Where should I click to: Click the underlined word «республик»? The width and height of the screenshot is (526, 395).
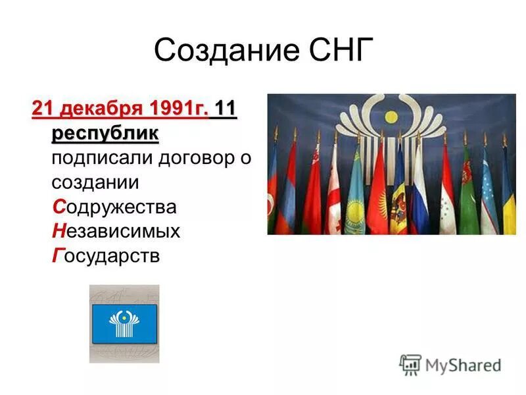click(105, 134)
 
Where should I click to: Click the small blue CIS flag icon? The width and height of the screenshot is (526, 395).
click(124, 323)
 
